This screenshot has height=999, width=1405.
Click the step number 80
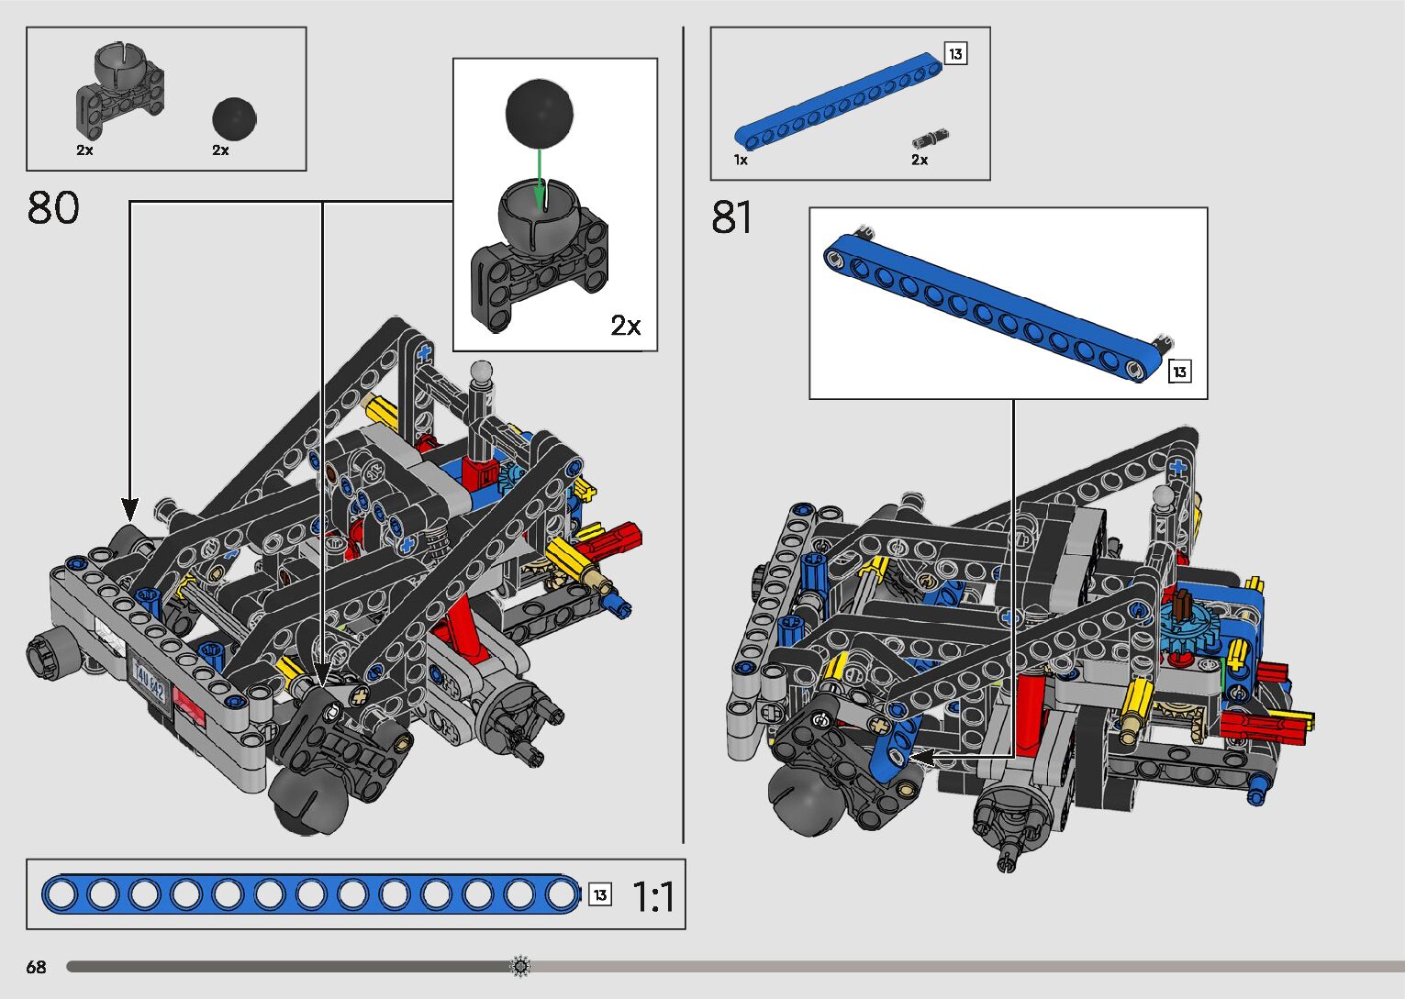53,208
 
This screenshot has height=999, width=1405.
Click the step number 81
731,218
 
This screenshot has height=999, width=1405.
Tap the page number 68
36,967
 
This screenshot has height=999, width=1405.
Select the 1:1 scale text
653,896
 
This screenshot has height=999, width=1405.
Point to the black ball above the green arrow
540,112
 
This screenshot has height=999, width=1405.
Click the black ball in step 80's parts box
234,118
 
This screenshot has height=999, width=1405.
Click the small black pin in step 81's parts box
930,139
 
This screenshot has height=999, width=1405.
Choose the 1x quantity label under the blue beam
741,161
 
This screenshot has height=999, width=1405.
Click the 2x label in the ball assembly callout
626,326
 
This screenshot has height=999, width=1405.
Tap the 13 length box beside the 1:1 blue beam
600,895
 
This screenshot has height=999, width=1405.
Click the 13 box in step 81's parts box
955,54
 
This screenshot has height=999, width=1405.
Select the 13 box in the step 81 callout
1179,372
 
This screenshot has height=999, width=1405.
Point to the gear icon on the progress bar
520,966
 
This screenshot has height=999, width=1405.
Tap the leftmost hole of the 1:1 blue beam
61,894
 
